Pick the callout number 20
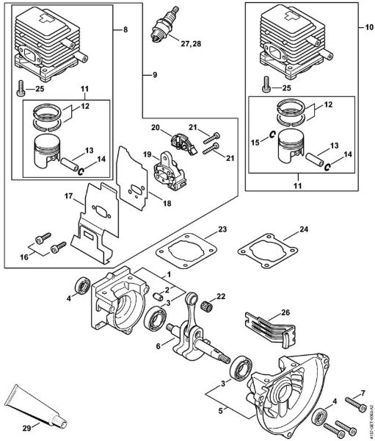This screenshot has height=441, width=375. [x=155, y=128]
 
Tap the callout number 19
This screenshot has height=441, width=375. [x=147, y=154]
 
